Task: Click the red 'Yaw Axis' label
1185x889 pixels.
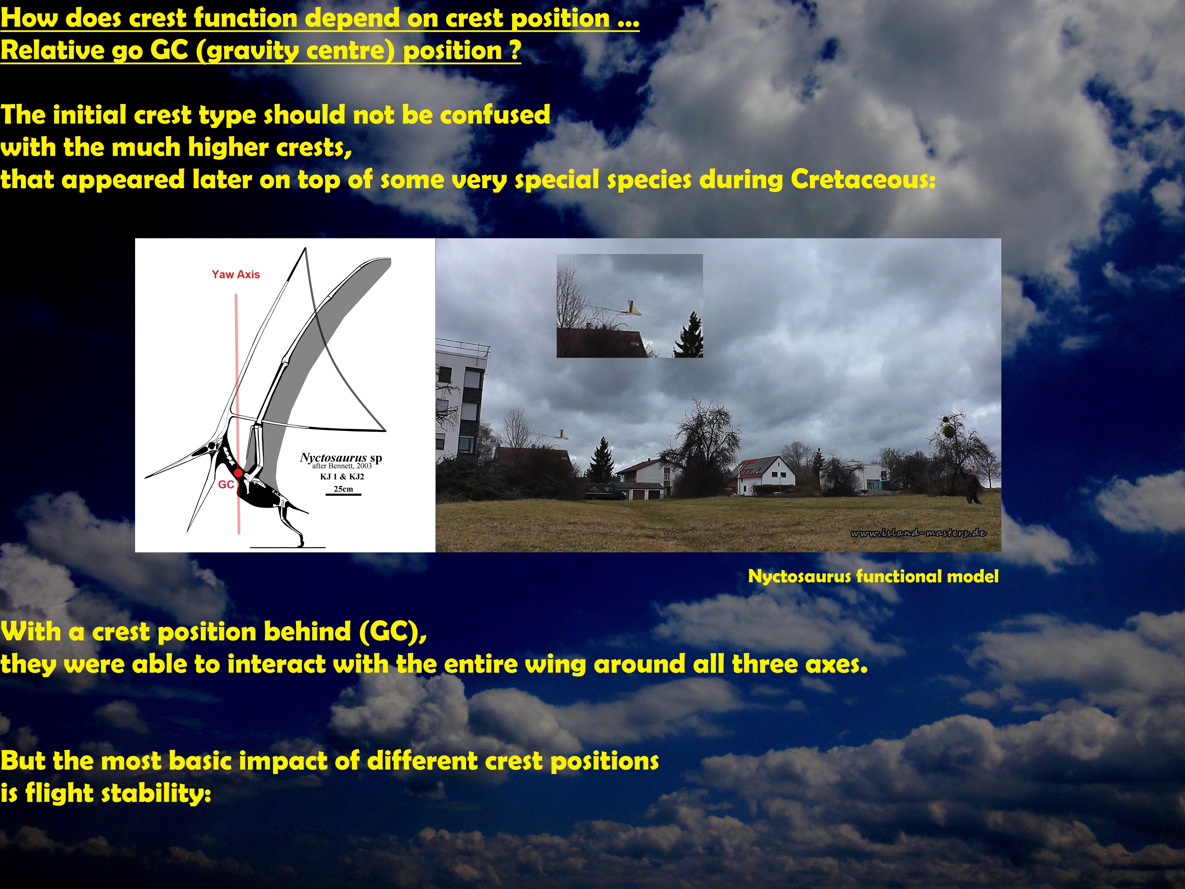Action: pos(236,274)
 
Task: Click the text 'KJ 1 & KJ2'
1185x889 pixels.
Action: pos(342,477)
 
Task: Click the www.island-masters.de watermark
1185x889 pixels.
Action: pos(918,533)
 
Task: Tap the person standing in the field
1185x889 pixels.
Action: pos(971,485)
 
